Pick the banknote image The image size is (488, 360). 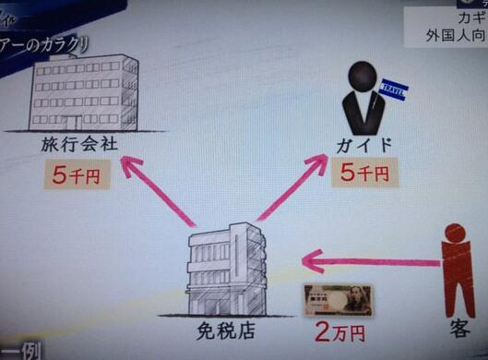[x=338, y=300]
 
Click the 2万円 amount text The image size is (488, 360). [x=339, y=331]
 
